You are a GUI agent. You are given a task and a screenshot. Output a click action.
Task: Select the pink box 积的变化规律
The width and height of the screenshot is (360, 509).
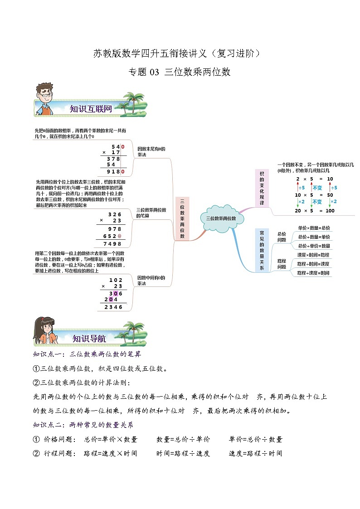(262, 188)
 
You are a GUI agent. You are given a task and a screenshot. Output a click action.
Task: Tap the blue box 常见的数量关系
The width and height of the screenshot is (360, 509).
(262, 250)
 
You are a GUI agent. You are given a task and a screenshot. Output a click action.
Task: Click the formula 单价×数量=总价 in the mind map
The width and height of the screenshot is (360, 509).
(314, 228)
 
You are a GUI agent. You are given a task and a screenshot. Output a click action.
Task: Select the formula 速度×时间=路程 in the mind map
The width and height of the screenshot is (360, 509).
(313, 255)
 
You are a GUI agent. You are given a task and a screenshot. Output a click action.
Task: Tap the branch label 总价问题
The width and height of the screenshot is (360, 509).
(282, 237)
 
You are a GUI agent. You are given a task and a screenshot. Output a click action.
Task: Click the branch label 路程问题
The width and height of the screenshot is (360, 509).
(282, 264)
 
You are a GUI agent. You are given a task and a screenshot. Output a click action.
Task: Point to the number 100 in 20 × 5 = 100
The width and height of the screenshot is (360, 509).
(330, 211)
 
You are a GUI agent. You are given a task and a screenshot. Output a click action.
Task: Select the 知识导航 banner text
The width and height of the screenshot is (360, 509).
(89, 338)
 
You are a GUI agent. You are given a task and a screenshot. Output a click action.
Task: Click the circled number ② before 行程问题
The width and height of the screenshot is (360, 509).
(36, 453)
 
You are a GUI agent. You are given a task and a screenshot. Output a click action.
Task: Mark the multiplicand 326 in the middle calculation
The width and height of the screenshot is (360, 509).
(115, 214)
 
